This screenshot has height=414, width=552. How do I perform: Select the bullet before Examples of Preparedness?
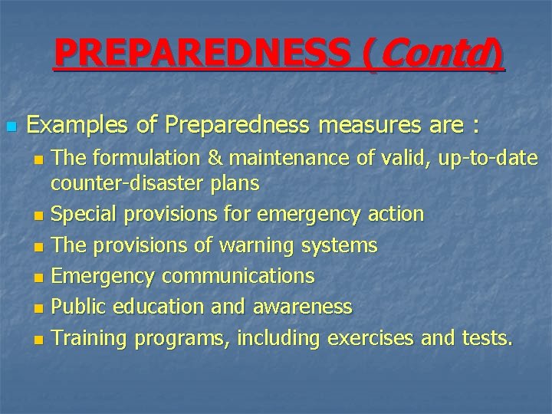10,125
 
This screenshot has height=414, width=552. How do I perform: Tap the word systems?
340,245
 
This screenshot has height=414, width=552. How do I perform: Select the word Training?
90,338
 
